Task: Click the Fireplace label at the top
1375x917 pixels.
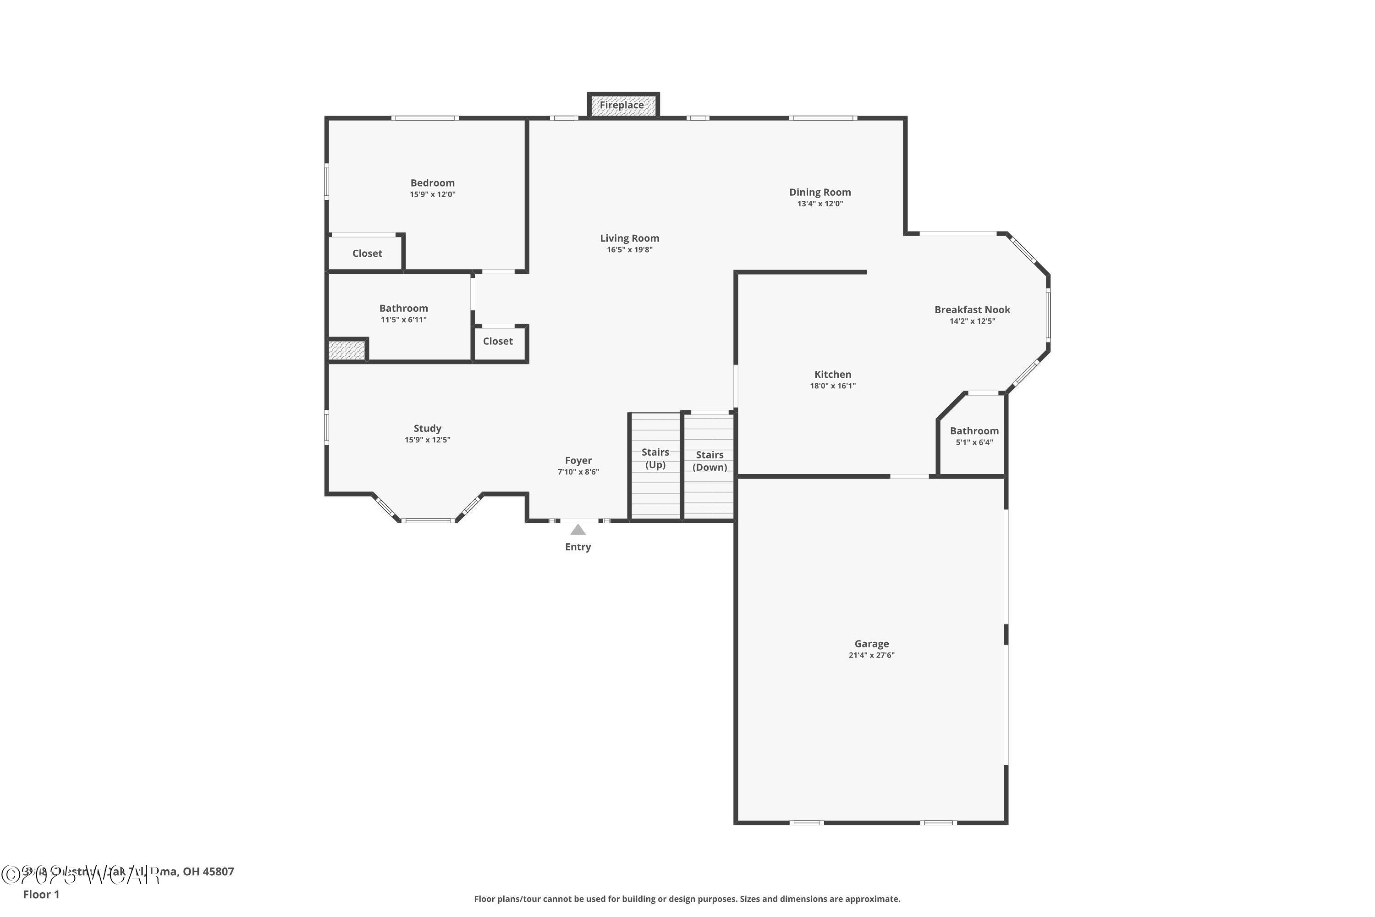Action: tap(621, 105)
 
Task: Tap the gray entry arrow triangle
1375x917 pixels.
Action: tap(577, 530)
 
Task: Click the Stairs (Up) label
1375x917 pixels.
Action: tap(655, 458)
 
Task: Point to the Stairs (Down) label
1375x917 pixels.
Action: tap(709, 461)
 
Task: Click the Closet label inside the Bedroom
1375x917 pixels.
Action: tap(367, 253)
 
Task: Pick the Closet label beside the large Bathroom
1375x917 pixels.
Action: tap(497, 341)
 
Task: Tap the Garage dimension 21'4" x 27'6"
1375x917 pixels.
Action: tap(871, 655)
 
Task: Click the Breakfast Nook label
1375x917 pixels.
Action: tap(972, 309)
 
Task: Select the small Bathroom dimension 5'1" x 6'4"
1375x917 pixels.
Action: tap(974, 442)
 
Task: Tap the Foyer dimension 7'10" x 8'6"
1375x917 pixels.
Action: tap(577, 472)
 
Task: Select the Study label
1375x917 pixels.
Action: tap(427, 428)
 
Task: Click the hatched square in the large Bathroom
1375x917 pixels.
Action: tap(346, 350)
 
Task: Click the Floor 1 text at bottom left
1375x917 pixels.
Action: tap(41, 894)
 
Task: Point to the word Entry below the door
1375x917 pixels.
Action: tap(577, 547)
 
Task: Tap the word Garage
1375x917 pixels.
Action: tap(871, 643)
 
